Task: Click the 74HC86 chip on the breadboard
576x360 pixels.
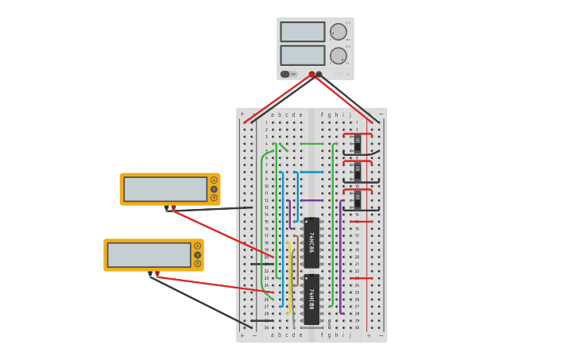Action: [x=311, y=242]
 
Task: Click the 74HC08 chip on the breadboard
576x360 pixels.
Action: [x=311, y=299]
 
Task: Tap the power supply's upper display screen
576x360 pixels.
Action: [x=302, y=32]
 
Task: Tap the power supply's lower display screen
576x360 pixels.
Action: [x=302, y=56]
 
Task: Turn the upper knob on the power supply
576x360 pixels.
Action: [x=338, y=32]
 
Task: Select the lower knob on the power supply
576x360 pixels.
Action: [x=338, y=56]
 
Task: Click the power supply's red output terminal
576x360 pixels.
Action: [x=311, y=74]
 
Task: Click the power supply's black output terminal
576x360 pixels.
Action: [x=319, y=74]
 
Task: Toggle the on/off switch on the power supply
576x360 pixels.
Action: [x=285, y=74]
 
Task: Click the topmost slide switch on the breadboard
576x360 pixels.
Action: [x=358, y=144]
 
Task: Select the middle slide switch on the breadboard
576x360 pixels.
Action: [x=358, y=172]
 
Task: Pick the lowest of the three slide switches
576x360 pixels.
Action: [x=358, y=199]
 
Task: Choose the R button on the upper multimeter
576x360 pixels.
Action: [x=214, y=198]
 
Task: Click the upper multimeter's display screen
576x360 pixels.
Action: [x=165, y=189]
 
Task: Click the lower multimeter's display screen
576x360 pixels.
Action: [x=149, y=255]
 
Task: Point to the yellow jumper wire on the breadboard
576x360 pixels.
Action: [x=288, y=278]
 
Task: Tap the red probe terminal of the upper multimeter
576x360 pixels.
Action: [x=173, y=208]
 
